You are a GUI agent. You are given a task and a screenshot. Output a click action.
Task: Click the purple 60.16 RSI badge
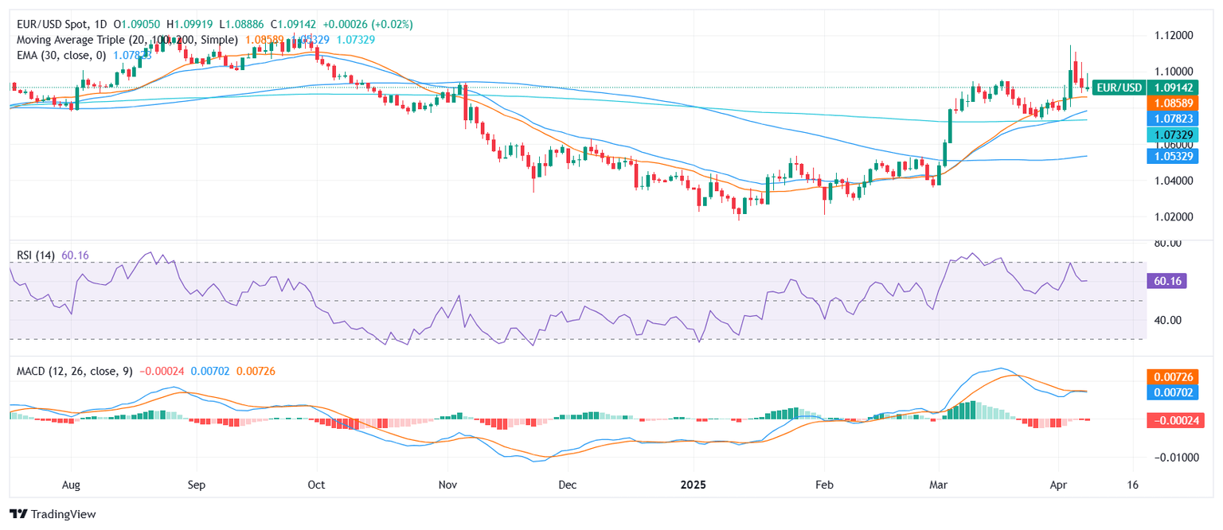pyautogui.click(x=1166, y=281)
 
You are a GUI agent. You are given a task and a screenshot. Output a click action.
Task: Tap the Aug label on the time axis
pyautogui.click(x=72, y=484)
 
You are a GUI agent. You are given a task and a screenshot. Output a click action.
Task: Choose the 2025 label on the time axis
pyautogui.click(x=694, y=484)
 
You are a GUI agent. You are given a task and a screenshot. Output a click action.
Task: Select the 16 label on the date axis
pyautogui.click(x=1132, y=484)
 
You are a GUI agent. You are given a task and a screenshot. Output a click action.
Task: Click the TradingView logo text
pyautogui.click(x=63, y=514)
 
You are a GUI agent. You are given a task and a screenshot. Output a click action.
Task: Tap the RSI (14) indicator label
pyautogui.click(x=37, y=255)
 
